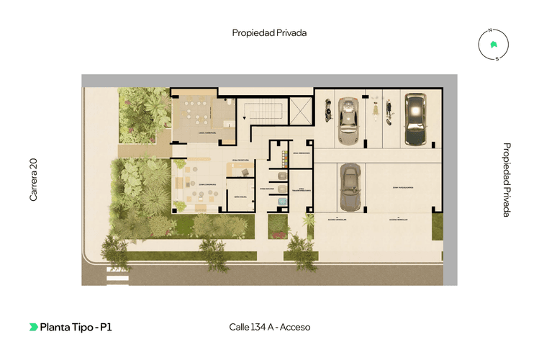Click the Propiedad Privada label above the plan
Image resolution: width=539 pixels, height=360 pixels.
click(269, 32)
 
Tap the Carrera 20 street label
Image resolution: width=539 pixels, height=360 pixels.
click(33, 179)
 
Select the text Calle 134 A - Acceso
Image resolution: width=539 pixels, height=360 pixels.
click(269, 327)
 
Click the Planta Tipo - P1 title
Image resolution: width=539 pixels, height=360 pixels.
click(76, 327)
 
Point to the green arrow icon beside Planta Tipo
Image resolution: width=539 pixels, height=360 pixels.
click(34, 327)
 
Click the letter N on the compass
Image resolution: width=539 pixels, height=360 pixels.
click(489, 31)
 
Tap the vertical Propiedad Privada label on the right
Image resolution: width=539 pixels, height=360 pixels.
click(507, 179)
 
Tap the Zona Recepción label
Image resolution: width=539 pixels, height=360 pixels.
click(240, 158)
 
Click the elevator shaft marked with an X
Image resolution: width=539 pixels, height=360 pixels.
click(299, 111)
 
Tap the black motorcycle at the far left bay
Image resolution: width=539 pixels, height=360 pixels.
click(328, 112)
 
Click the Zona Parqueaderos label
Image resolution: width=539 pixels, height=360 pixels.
click(404, 187)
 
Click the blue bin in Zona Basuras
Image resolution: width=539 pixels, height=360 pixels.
click(283, 176)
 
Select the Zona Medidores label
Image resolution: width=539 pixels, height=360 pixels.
click(302, 153)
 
